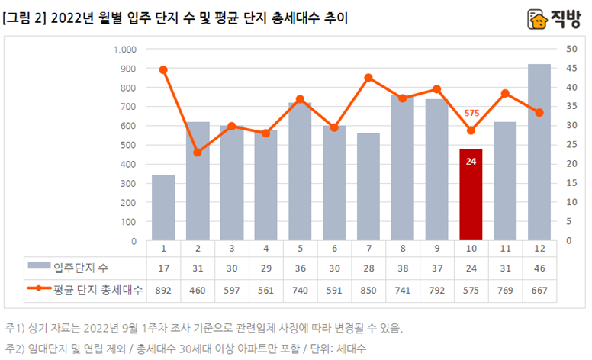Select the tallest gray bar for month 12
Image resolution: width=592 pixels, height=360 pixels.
click(539, 153)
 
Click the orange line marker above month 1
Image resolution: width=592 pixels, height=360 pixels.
click(163, 69)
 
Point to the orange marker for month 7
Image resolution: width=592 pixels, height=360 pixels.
click(368, 77)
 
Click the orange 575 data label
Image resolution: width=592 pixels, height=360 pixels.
click(471, 113)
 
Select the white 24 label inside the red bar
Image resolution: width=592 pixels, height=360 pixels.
click(471, 162)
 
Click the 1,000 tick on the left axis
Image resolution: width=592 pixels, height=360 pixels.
click(124, 50)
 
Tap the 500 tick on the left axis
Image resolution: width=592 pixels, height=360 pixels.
click(127, 145)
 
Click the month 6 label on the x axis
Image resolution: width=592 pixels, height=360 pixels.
click(334, 249)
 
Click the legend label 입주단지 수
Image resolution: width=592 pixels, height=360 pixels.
click(81, 266)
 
